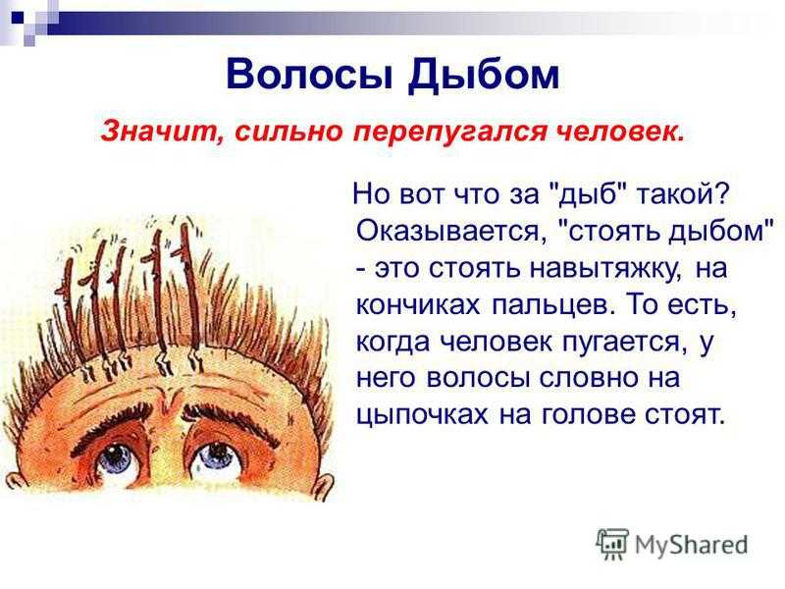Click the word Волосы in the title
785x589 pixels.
tap(310, 75)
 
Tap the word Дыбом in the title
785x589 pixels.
tap(483, 76)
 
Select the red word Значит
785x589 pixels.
tap(163, 132)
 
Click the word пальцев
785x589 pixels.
tap(552, 305)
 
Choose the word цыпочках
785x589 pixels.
tap(422, 415)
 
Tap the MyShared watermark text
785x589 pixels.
tap(692, 544)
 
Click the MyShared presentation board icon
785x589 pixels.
tap(612, 543)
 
